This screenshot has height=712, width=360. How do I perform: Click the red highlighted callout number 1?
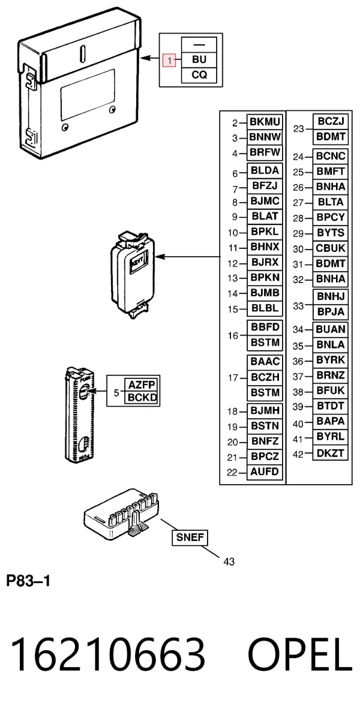169,60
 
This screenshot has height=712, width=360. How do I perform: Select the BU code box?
199,60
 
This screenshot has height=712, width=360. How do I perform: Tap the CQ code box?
199,75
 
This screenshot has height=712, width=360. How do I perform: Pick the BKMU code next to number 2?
265,122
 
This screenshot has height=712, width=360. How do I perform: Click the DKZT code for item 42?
331,453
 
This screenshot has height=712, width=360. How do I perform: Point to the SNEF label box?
190,538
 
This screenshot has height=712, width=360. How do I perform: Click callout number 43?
229,561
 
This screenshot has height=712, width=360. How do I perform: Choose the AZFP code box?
142,385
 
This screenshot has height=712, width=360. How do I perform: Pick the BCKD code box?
142,398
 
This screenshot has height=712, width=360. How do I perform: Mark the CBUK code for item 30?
331,248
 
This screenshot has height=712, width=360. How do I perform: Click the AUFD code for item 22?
265,472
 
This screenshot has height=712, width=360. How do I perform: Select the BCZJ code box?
331,121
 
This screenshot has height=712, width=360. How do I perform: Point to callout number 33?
298,305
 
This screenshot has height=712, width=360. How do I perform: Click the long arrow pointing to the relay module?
188,257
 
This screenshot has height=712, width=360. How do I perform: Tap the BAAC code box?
265,362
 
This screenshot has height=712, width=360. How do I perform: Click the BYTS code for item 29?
331,233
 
